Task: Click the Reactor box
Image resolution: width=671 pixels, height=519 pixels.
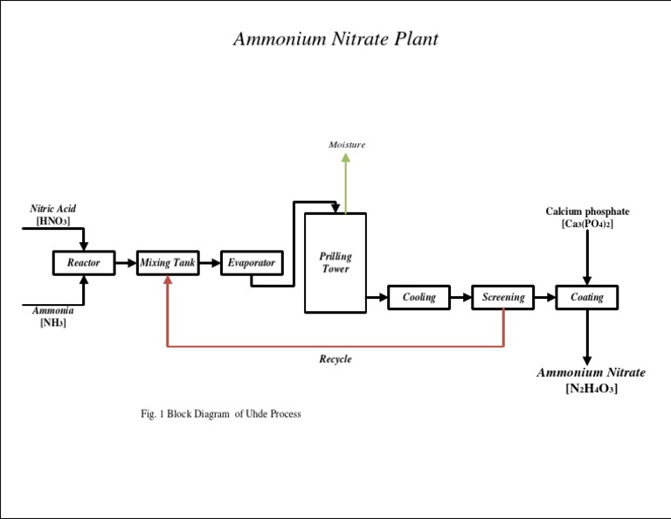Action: pyautogui.click(x=84, y=262)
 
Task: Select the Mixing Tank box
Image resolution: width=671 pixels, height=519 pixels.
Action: pyautogui.click(x=168, y=262)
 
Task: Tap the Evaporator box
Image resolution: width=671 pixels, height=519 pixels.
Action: pyautogui.click(x=252, y=262)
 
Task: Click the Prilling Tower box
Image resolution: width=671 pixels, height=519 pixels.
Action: pyautogui.click(x=335, y=263)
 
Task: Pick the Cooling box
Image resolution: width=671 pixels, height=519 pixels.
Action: pyautogui.click(x=419, y=297)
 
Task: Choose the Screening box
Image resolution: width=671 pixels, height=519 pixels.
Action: pyautogui.click(x=503, y=297)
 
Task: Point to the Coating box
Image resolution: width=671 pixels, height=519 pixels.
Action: pyautogui.click(x=587, y=297)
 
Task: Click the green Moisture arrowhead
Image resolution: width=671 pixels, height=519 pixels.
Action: pyautogui.click(x=346, y=159)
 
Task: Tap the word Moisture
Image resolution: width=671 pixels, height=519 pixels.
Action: pyautogui.click(x=347, y=144)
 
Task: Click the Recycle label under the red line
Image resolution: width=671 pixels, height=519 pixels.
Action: pyautogui.click(x=335, y=359)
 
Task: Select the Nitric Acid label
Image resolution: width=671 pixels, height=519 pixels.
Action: pyautogui.click(x=52, y=209)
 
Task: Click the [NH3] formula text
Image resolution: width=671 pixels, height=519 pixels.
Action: pyautogui.click(x=52, y=322)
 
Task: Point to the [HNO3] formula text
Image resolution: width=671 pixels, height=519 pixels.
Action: pyautogui.click(x=52, y=221)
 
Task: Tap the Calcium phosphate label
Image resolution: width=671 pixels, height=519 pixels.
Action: pyautogui.click(x=587, y=211)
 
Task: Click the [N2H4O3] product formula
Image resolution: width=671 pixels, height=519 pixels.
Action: pyautogui.click(x=591, y=389)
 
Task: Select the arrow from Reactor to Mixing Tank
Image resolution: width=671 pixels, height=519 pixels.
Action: pyautogui.click(x=126, y=262)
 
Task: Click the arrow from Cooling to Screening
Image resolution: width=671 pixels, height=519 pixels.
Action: pyautogui.click(x=461, y=297)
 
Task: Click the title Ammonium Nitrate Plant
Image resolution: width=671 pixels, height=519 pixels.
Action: pyautogui.click(x=335, y=39)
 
